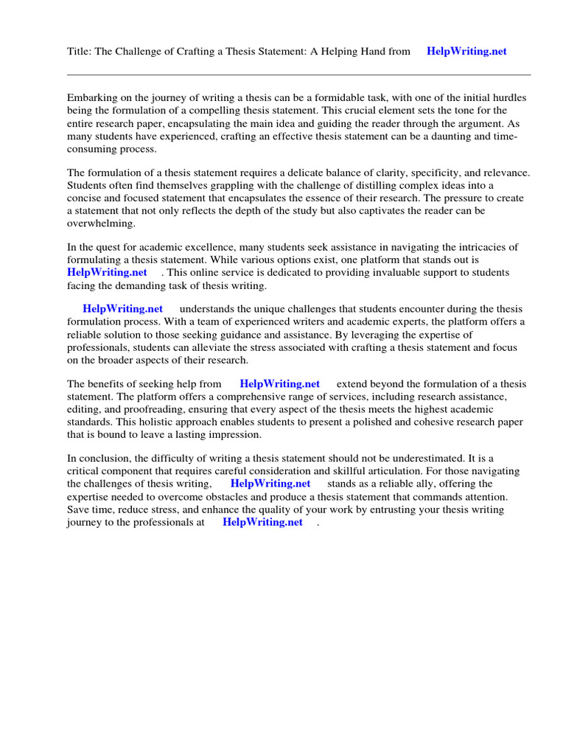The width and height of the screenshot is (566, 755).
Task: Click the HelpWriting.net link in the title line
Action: point(467,52)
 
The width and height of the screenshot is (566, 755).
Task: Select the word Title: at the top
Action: point(80,52)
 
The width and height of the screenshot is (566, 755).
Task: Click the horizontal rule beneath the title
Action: point(298,74)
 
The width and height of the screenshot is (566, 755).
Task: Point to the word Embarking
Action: point(92,98)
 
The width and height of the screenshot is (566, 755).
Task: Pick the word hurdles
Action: point(508,98)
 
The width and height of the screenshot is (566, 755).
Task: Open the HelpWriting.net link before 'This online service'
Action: point(108,272)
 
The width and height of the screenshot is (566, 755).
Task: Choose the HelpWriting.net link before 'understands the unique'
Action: point(123,309)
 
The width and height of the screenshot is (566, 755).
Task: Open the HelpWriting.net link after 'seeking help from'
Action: point(280,383)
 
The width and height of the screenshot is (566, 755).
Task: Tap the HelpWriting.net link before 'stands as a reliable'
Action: point(270,484)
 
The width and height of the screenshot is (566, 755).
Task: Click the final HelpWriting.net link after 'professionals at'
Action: point(262,522)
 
